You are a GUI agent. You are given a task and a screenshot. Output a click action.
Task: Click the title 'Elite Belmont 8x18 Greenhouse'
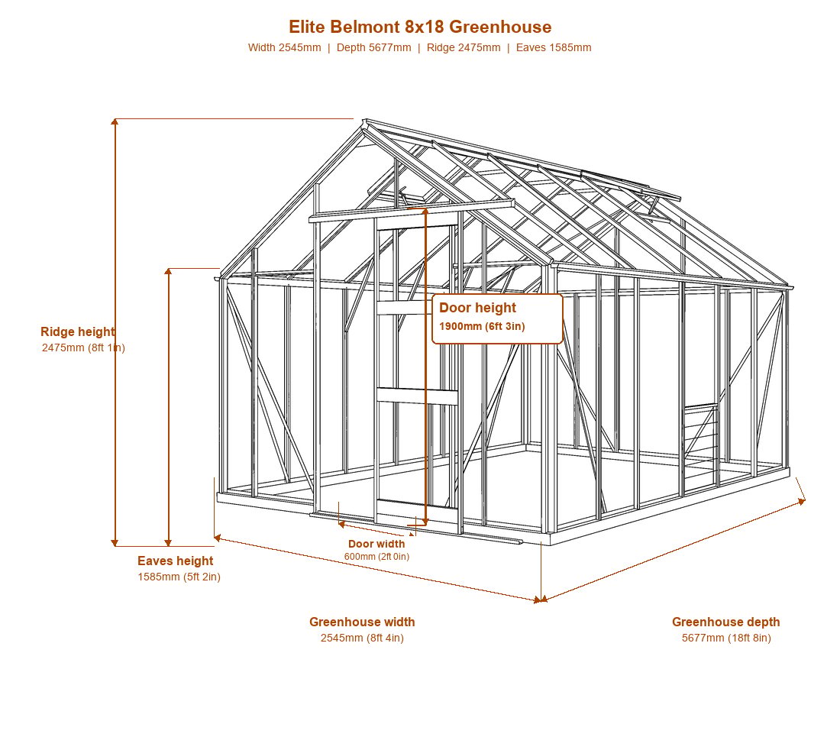420,27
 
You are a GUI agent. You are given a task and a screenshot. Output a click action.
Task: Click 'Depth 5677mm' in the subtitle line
374,47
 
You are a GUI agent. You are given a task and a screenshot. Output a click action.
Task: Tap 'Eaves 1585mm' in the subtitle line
554,47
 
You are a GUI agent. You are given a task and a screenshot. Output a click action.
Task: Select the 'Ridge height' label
78,331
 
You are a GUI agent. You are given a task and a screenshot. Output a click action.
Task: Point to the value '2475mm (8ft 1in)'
83,347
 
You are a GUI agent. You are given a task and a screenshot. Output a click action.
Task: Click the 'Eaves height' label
175,561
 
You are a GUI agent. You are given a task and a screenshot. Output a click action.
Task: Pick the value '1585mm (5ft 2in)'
179,577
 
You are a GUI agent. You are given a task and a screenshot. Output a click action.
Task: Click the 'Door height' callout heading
477,308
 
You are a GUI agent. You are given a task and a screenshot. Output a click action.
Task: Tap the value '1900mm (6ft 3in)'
482,326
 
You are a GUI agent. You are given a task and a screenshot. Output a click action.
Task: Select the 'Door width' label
376,545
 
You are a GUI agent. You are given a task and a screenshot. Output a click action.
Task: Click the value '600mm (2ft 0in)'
376,557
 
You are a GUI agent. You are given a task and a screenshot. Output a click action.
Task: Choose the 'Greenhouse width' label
362,622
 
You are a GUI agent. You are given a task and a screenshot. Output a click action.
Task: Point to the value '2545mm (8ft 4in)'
362,638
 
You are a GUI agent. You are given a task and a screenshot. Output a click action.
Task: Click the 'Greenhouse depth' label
726,622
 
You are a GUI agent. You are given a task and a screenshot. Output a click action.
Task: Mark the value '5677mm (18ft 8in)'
726,638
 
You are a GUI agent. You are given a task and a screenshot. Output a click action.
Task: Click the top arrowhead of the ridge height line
115,121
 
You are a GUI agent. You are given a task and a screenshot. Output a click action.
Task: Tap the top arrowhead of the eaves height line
168,272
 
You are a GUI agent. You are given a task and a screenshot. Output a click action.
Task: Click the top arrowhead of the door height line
425,211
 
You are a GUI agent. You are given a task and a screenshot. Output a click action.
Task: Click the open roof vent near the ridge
632,185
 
